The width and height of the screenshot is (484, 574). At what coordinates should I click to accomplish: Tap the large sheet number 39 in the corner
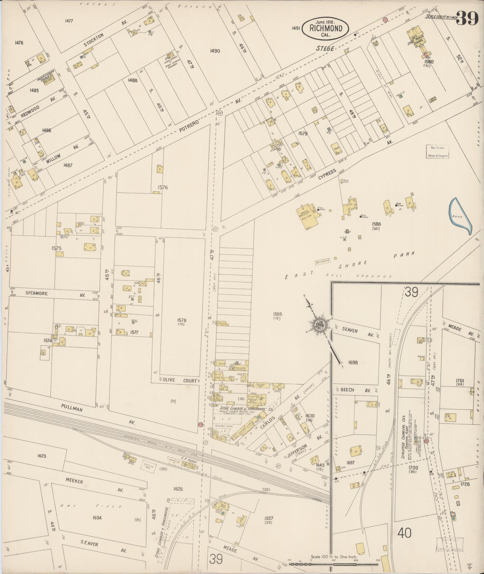[x=468, y=19]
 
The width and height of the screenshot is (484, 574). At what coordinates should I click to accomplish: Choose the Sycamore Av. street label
[x=37, y=293]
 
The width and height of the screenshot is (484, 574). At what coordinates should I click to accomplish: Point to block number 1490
[x=215, y=51]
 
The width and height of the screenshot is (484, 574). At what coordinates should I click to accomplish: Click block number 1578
[x=182, y=320]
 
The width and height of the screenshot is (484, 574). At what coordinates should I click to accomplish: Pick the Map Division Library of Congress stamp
[x=438, y=152]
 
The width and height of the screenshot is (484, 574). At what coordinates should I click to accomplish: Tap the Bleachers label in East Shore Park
[x=323, y=261]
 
